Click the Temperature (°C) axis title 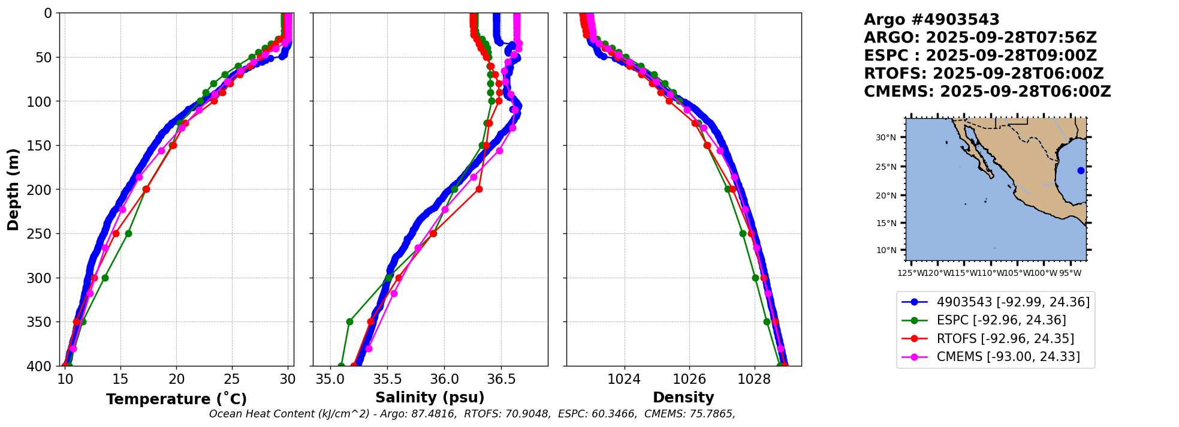176,399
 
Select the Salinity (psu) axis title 430,398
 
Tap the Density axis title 683,398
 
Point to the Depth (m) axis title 13,190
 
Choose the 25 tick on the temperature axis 232,379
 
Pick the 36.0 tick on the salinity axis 444,379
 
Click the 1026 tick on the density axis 689,379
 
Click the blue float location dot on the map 1081,170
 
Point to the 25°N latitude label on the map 886,167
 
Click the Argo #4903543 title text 931,20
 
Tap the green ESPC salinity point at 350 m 349,321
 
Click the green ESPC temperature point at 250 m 128,233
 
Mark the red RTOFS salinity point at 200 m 479,189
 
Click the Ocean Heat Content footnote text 472,414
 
